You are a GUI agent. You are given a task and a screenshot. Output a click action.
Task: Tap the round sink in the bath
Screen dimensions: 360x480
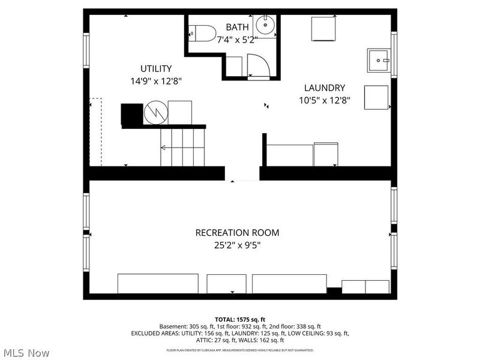(263, 26)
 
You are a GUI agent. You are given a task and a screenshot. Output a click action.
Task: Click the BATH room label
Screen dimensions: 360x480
(236, 28)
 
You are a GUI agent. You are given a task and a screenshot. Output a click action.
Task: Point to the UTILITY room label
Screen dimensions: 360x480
(156, 68)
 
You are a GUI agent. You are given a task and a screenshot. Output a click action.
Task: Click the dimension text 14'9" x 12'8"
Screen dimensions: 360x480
(156, 80)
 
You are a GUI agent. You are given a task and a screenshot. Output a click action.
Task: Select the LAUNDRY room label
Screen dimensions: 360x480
(323, 87)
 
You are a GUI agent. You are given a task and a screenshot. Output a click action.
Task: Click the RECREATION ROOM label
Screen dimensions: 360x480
(237, 233)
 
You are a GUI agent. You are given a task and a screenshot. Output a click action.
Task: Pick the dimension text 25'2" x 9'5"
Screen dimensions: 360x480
(237, 245)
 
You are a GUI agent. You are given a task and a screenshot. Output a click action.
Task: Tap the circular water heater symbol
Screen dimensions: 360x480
(155, 112)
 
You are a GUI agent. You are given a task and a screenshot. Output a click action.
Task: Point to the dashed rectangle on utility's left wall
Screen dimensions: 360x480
(95, 132)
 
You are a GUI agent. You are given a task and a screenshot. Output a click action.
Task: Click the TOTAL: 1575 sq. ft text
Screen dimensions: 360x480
(239, 319)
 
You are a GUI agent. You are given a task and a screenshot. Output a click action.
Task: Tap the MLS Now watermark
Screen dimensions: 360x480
(26, 353)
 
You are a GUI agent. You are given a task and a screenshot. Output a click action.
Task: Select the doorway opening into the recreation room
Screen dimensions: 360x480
(242, 173)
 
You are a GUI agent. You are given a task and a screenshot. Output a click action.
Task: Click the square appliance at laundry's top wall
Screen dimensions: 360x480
(323, 28)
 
